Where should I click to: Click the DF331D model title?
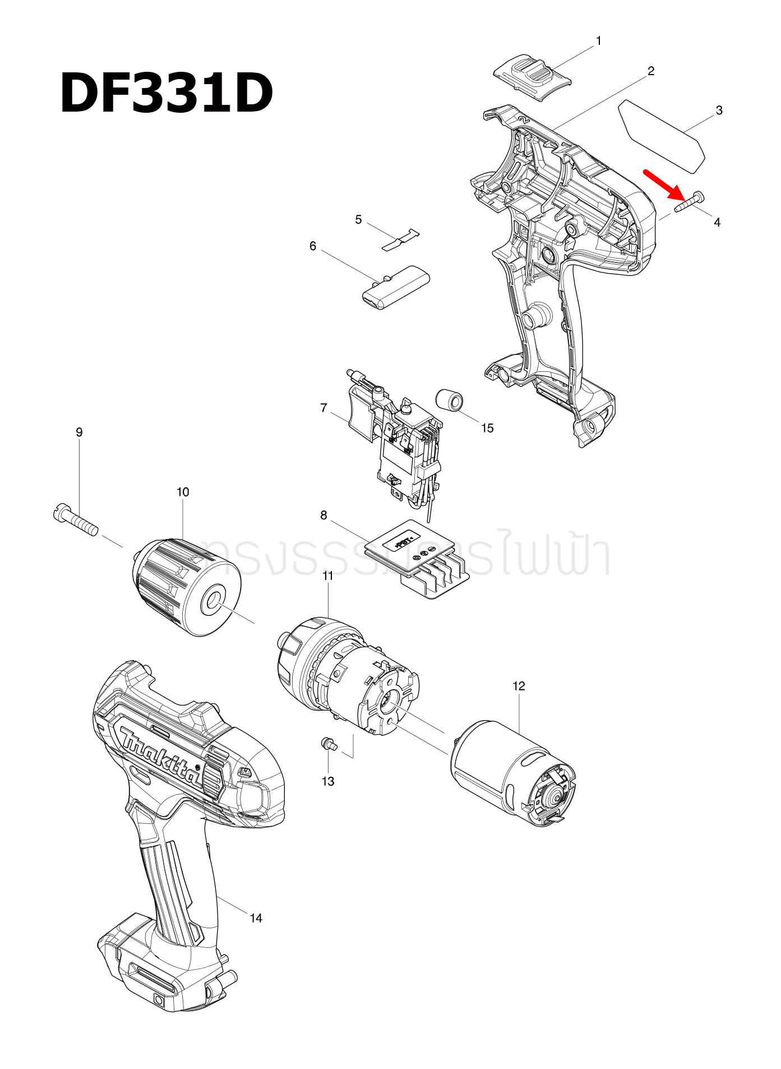coord(167,93)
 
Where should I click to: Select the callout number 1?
coord(598,41)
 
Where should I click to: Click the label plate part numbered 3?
coord(662,135)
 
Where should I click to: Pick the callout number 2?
coord(650,71)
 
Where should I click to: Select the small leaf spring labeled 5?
coord(401,239)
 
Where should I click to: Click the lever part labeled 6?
coord(395,288)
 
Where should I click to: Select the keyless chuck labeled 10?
coord(186,587)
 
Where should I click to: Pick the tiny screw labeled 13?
coord(327,744)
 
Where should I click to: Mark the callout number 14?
coord(256,918)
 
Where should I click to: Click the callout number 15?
coord(487,428)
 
